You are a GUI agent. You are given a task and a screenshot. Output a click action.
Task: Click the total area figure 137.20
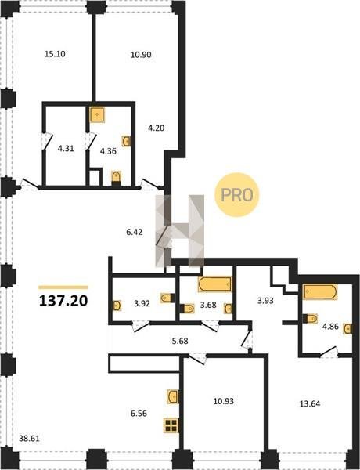coord(63,301)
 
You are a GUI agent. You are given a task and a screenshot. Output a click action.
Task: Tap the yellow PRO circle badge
coord(236,195)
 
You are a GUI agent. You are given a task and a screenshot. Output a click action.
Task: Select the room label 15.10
coord(55,54)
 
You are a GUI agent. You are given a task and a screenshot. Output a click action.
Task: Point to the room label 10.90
coord(141,55)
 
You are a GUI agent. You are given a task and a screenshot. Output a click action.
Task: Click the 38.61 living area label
coord(29,439)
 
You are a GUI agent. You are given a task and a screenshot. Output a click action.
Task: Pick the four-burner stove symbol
coord(171,425)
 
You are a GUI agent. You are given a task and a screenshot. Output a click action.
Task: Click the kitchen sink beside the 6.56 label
coord(173,396)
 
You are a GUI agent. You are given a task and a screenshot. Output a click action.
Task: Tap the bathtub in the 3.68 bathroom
coord(214,284)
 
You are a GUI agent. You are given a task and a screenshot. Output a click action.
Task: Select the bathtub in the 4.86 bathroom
coord(320,292)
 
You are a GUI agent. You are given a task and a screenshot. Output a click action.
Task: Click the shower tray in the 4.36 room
coord(97,114)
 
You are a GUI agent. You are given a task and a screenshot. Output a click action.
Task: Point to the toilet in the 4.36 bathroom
coord(116,178)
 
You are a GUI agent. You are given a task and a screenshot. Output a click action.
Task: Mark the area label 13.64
coord(310,403)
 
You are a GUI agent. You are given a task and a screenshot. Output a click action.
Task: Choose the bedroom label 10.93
coord(223,401)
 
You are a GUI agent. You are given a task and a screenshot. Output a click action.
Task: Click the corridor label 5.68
coord(180,341)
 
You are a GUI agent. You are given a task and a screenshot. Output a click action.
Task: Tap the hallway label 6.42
coord(134,232)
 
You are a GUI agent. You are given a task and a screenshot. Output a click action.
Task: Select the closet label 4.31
coord(66,148)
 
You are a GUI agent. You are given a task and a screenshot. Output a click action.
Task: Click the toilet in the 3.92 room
coord(167,298)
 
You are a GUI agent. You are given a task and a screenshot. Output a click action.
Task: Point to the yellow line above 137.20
coord(63,287)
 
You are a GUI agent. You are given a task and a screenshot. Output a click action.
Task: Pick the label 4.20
coord(157,128)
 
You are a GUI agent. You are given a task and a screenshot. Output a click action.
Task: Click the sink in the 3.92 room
coord(117,305)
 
